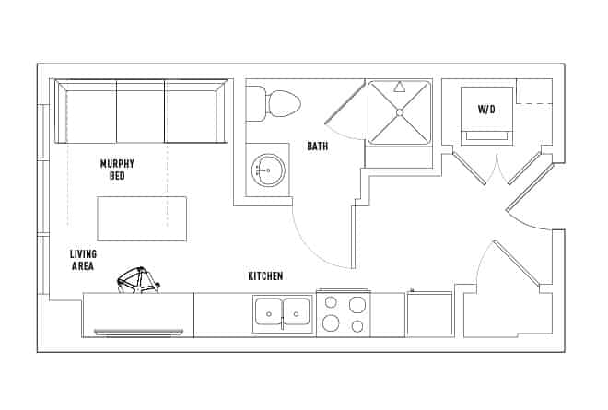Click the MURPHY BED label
(x=118, y=170)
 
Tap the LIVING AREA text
(x=83, y=260)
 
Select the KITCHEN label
(x=265, y=276)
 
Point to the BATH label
(x=318, y=146)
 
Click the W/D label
(x=486, y=109)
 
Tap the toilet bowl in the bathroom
(x=283, y=104)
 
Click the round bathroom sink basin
(x=268, y=170)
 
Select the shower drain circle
(x=400, y=112)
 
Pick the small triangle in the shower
(x=399, y=88)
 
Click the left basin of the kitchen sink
(x=269, y=311)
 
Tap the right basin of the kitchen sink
(x=297, y=311)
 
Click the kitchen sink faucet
(x=283, y=323)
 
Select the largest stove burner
(x=331, y=322)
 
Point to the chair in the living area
(x=138, y=280)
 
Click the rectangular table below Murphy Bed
(x=142, y=218)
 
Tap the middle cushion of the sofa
(x=140, y=111)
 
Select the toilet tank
(x=256, y=103)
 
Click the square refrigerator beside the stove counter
(x=429, y=313)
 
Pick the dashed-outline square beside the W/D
(x=534, y=91)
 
